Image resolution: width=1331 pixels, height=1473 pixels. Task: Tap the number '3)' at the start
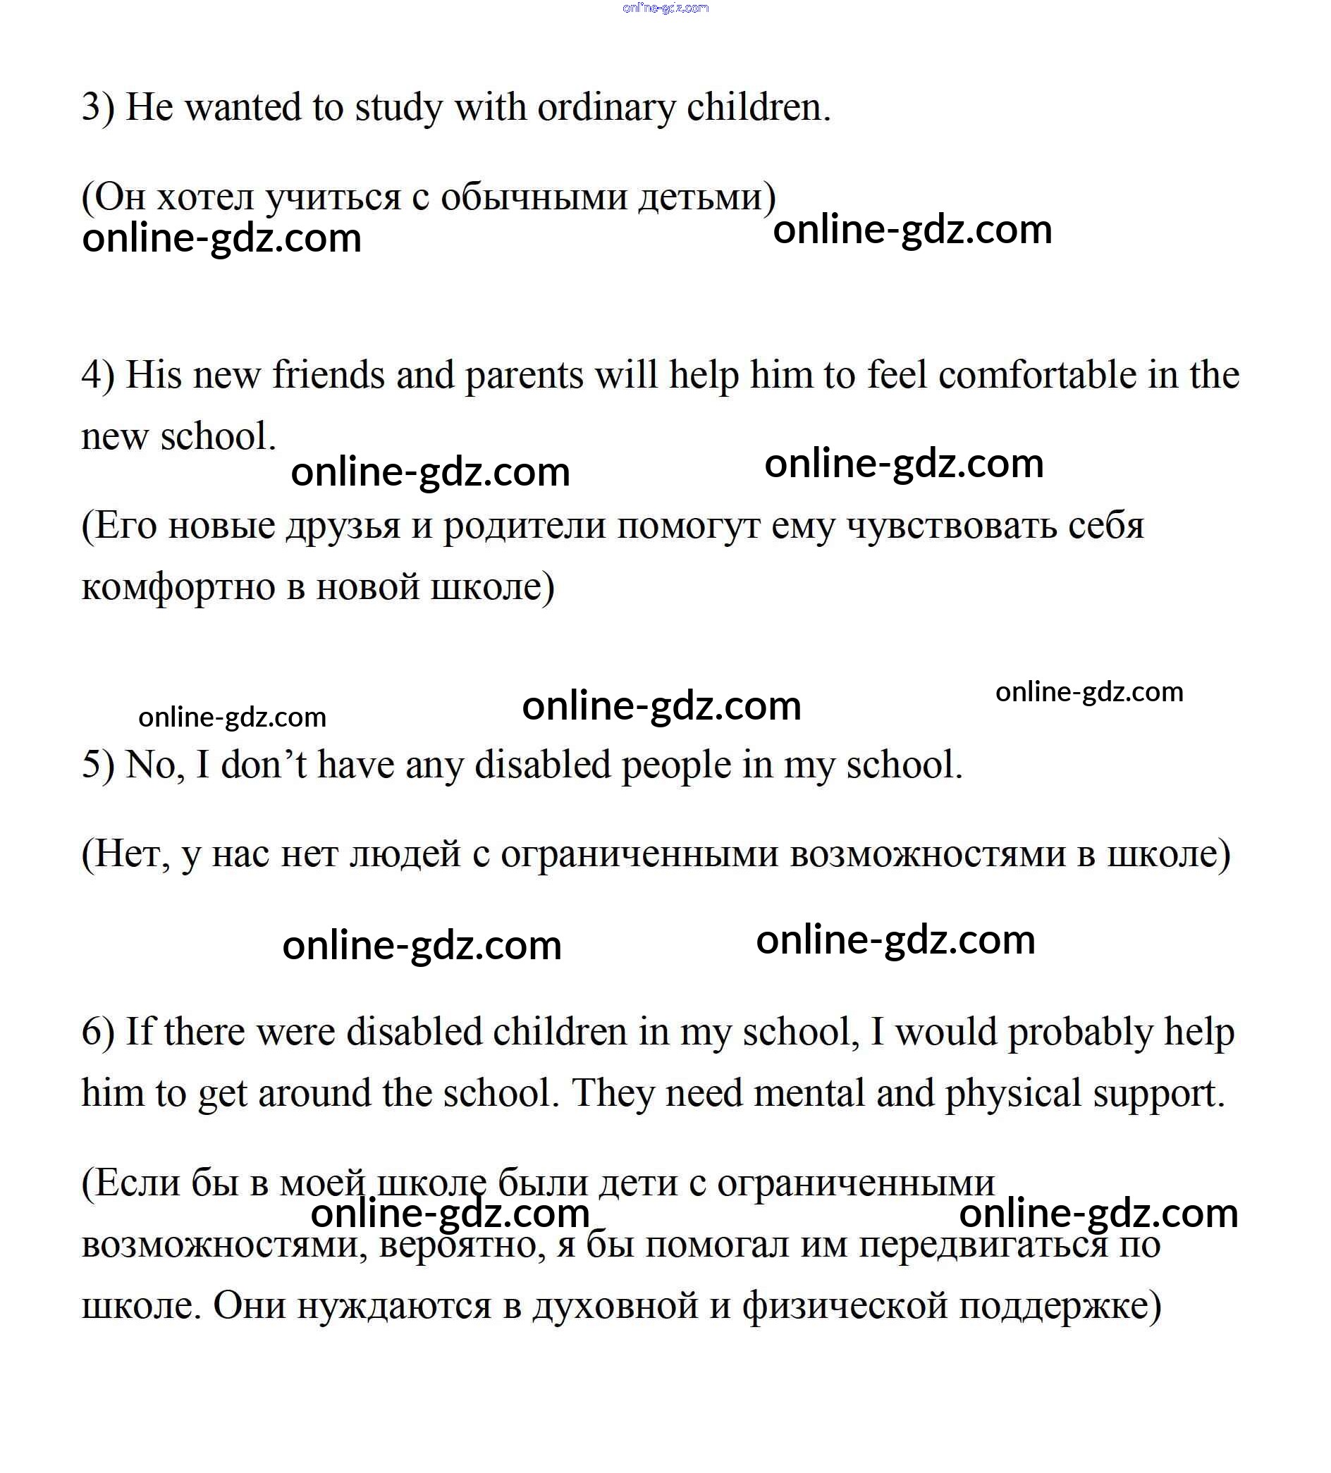click(x=98, y=108)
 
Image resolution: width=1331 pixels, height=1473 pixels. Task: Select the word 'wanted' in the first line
click(x=242, y=108)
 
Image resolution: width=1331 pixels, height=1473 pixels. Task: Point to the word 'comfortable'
click(x=1037, y=376)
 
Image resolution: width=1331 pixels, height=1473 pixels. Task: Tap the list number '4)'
click(x=98, y=376)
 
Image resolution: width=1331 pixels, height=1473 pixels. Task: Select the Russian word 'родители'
click(x=524, y=526)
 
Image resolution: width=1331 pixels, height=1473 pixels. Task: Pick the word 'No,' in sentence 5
click(x=154, y=765)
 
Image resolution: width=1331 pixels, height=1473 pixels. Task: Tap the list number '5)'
click(x=98, y=765)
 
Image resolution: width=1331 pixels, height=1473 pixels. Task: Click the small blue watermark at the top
click(x=665, y=8)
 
